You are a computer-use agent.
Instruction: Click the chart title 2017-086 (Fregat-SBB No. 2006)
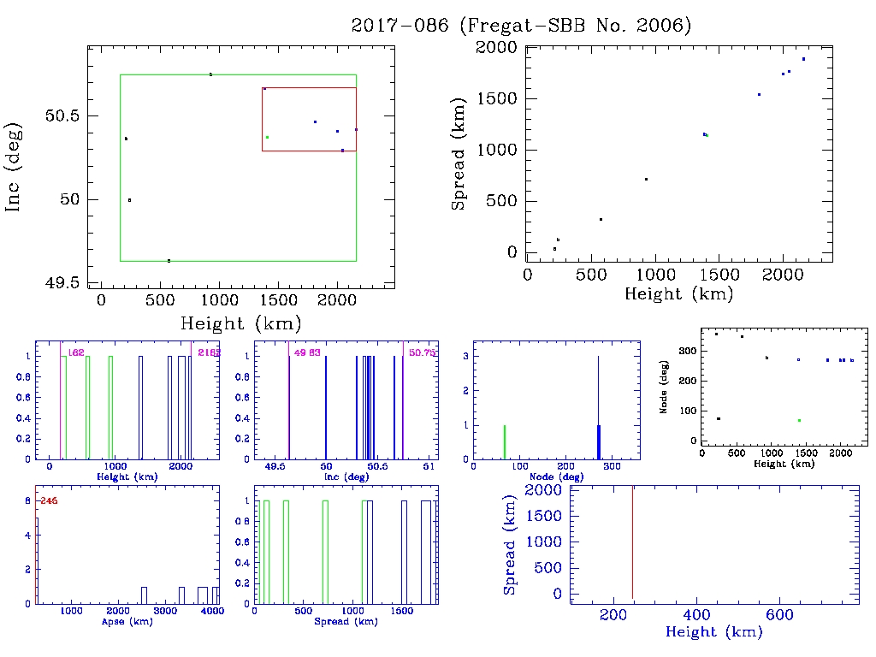pos(521,26)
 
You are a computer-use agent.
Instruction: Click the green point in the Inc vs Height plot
pos(267,137)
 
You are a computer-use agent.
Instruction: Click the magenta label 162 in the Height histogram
pos(75,352)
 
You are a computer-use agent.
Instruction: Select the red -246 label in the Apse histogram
pos(48,500)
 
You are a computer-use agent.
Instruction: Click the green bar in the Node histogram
pos(505,441)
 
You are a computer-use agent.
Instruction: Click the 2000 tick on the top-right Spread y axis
pos(498,48)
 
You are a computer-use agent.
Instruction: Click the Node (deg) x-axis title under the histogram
pos(556,476)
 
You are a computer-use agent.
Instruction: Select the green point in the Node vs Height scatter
pos(799,420)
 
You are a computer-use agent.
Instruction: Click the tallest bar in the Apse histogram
pos(37,560)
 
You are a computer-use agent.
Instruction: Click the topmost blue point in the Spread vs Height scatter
pos(803,59)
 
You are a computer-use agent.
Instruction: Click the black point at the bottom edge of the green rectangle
pos(169,260)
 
